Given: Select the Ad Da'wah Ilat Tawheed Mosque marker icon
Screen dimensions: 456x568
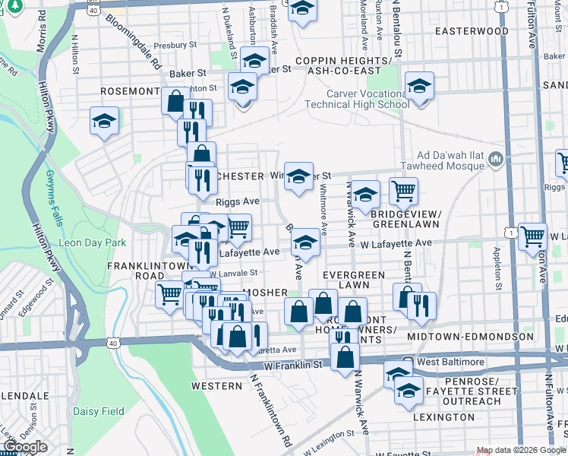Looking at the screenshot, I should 497,159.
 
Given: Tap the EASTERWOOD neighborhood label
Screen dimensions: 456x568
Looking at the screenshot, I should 471,31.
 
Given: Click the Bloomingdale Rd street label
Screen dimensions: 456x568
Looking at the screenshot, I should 135,43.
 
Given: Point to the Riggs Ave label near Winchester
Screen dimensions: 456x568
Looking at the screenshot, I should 238,201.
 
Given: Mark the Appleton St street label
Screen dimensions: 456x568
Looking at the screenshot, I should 498,262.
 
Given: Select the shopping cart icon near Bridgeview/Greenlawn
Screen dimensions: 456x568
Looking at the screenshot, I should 403,191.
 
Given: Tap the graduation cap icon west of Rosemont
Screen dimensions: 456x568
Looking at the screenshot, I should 104,121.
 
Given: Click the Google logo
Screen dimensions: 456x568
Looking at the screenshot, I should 25,447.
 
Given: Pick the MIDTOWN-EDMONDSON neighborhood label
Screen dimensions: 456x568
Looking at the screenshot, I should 470,336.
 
